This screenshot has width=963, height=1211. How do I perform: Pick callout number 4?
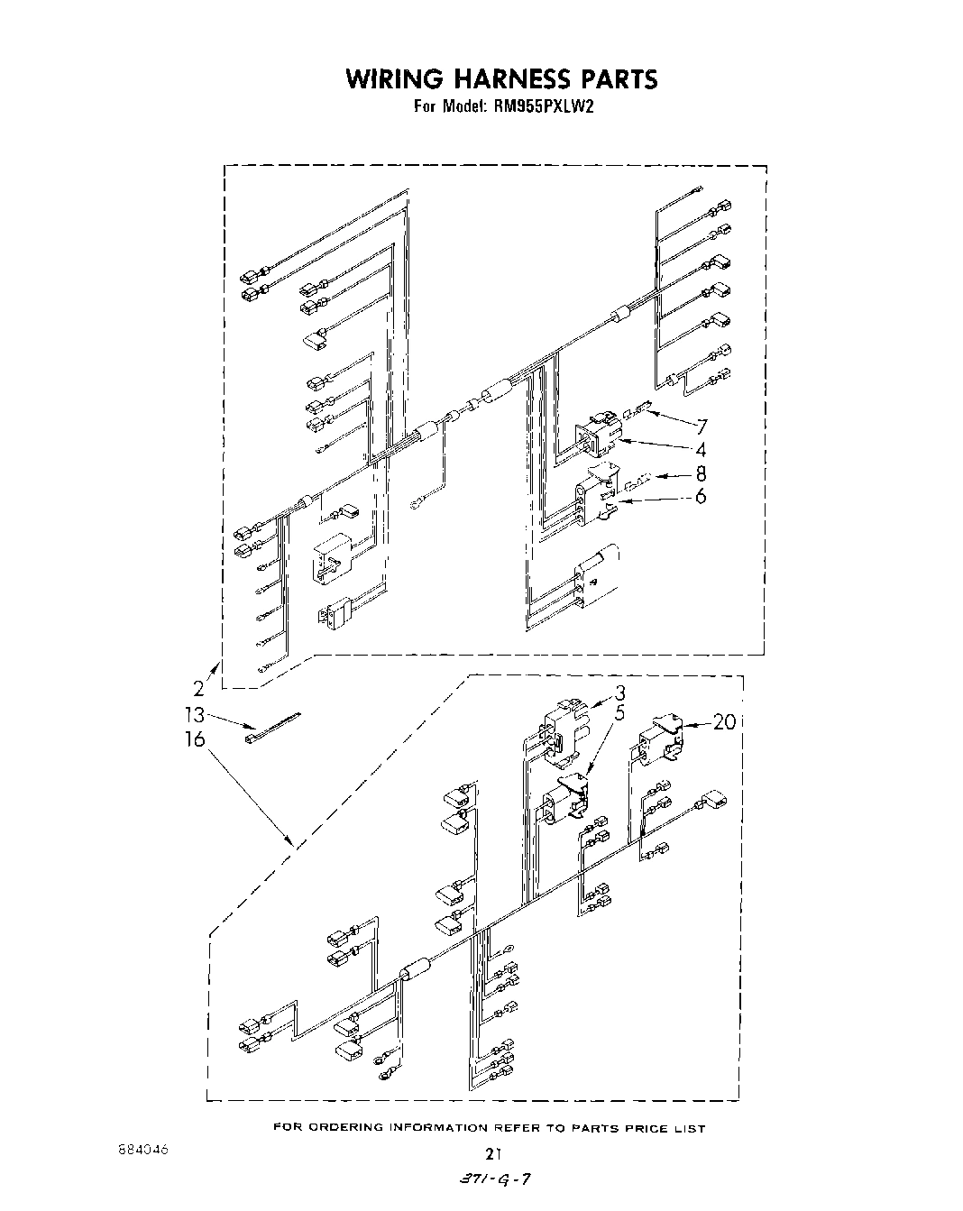[700, 450]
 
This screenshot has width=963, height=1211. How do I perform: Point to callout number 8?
[701, 473]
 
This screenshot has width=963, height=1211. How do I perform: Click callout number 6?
[701, 496]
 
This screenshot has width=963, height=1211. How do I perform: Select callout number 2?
[198, 691]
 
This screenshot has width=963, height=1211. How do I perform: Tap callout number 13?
[195, 715]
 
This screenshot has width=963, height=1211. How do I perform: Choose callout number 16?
[195, 739]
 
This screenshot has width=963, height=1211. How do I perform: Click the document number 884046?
[142, 1151]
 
